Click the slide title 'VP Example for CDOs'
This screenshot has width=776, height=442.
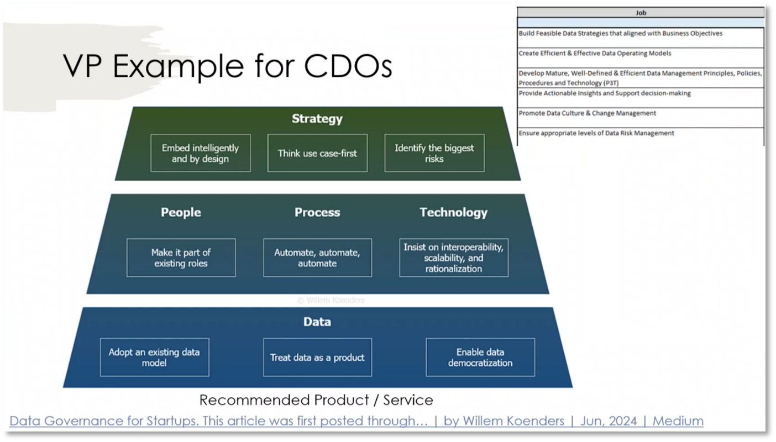click(227, 66)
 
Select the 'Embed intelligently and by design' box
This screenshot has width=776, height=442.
click(200, 153)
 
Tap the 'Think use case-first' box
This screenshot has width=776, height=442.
click(317, 153)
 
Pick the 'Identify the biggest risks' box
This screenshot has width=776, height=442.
click(434, 153)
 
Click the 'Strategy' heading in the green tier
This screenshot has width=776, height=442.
click(317, 119)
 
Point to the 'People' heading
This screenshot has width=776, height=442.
click(181, 213)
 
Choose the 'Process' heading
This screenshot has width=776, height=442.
click(317, 213)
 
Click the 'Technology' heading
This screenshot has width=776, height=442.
click(453, 213)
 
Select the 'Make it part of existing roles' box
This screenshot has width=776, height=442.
click(181, 257)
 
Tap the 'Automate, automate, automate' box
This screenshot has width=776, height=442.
click(317, 257)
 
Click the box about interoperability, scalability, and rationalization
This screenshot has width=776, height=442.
click(453, 257)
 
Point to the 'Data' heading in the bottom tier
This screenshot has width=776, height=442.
click(317, 322)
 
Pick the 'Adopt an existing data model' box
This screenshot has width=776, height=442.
click(154, 357)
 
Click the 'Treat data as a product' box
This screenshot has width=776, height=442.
click(317, 357)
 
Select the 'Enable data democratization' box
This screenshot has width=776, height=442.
click(480, 357)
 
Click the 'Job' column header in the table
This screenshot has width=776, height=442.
click(641, 13)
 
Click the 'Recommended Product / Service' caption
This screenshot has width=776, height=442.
click(316, 400)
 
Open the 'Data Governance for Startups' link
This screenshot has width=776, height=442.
click(356, 421)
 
